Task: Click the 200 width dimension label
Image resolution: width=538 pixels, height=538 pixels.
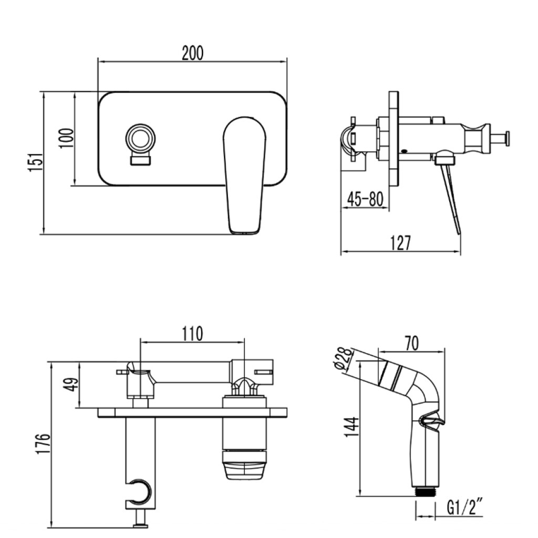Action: [192, 53]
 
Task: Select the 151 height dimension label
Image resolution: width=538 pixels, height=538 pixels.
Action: [35, 163]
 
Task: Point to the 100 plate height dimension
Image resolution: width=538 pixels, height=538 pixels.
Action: [66, 138]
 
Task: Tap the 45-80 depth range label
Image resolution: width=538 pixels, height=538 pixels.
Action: [365, 200]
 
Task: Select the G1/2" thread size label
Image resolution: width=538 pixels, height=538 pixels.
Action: [465, 508]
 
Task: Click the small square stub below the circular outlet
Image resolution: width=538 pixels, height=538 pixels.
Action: [140, 160]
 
